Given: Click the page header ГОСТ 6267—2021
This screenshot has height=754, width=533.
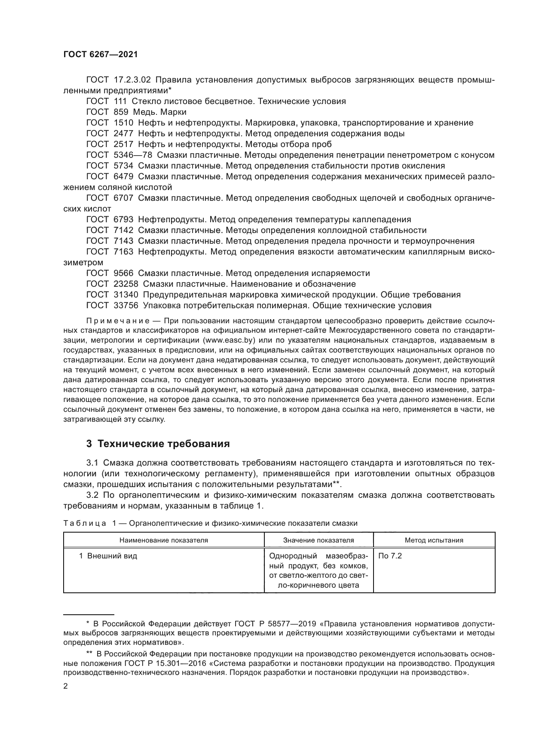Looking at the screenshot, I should coord(100,54).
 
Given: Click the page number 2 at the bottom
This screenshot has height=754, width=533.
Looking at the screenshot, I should coord(66,687).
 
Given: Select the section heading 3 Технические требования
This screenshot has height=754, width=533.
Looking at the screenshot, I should coord(158,444).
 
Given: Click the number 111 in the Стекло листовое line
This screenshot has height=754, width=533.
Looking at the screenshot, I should coord(121,101).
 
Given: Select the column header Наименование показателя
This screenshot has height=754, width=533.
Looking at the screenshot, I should coord(163,540).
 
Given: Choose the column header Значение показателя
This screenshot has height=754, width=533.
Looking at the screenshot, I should coord(319,540).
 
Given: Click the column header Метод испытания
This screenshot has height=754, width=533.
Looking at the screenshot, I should coord(434,540).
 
